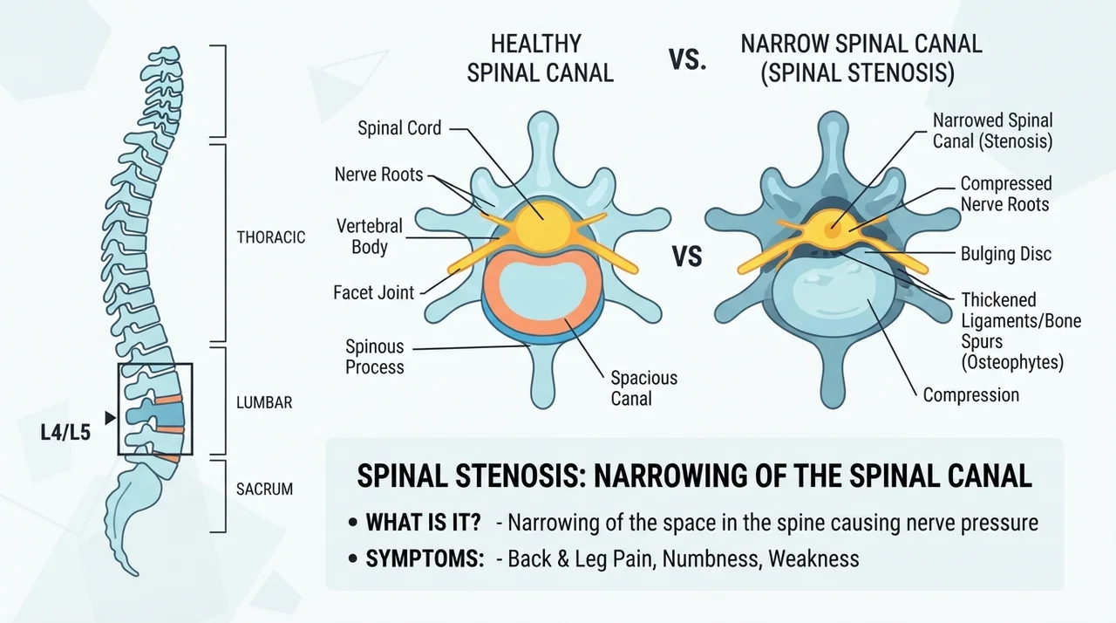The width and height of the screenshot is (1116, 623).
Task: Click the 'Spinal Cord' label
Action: click(x=399, y=128)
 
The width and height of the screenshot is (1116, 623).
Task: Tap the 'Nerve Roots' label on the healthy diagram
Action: click(x=378, y=175)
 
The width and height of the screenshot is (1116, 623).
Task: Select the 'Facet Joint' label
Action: click(x=374, y=292)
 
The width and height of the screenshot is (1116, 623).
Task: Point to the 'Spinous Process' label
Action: click(x=375, y=357)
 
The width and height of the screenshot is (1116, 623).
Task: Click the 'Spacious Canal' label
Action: click(x=643, y=388)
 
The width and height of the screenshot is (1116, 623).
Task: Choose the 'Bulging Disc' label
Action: click(x=1006, y=254)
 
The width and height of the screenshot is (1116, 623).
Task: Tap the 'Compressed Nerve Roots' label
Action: click(x=1006, y=194)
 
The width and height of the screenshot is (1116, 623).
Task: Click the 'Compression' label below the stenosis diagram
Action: click(x=971, y=394)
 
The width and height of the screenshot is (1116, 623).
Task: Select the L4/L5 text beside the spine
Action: click(x=65, y=433)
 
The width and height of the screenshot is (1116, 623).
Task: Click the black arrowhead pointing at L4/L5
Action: click(x=110, y=418)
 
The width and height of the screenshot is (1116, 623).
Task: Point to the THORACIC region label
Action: click(x=270, y=237)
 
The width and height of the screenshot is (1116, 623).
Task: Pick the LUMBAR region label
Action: click(x=264, y=403)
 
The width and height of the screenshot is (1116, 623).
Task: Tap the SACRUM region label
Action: click(x=264, y=489)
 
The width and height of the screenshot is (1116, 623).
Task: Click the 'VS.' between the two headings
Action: click(x=688, y=60)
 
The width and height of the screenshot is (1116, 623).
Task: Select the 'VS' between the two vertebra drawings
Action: click(x=687, y=257)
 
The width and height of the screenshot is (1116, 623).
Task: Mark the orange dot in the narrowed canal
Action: click(x=832, y=230)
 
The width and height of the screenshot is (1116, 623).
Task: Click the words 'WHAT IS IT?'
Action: click(x=424, y=523)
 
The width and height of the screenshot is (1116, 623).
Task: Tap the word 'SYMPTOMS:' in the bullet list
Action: click(x=425, y=558)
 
